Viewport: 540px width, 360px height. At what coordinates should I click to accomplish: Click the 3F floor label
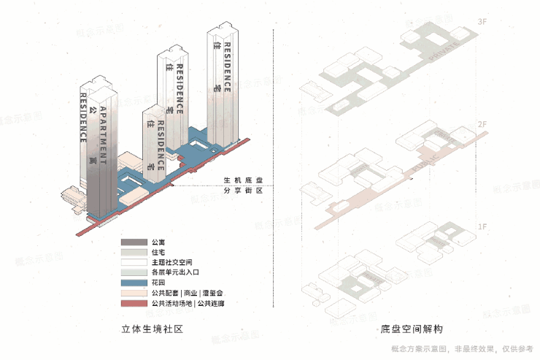click(x=481, y=23)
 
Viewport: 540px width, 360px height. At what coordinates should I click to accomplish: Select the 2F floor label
click(x=482, y=125)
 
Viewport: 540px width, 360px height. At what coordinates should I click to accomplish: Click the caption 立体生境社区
click(x=151, y=329)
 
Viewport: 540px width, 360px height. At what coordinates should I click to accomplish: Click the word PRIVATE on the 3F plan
click(x=447, y=53)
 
